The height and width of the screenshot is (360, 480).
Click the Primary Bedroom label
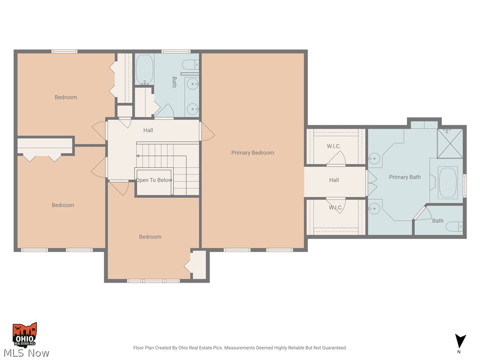[253, 153]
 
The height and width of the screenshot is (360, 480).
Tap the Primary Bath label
[405, 177]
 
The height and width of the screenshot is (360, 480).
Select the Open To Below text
[154, 180]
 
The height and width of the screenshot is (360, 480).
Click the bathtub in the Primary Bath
[448, 182]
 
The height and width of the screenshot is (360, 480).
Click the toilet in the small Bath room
[455, 227]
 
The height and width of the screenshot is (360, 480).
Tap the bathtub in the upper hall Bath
[144, 69]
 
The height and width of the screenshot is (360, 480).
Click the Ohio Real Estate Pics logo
[25, 334]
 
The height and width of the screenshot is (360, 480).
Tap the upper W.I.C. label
[334, 146]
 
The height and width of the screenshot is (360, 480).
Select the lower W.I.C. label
[335, 208]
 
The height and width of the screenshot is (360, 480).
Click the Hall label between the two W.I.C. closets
[334, 180]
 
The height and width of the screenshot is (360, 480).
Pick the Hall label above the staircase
[148, 130]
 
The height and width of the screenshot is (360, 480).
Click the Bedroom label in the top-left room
[66, 97]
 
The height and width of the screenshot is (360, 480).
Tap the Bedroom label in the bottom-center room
[150, 237]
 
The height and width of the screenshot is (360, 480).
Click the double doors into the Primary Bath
[371, 183]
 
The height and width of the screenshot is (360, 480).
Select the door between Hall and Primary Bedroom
[206, 132]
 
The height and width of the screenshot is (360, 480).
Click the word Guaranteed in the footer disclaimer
[331, 348]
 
